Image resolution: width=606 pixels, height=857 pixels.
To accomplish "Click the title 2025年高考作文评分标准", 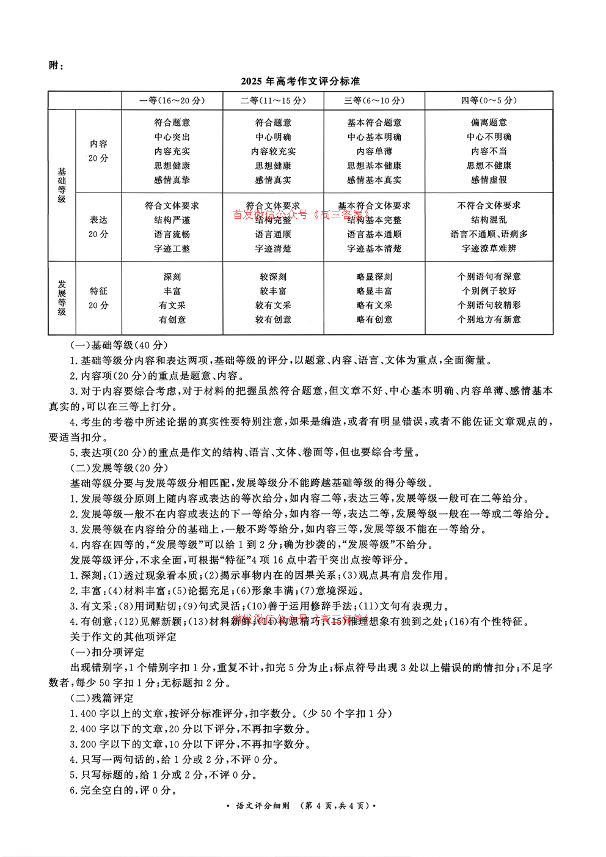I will [x=300, y=81].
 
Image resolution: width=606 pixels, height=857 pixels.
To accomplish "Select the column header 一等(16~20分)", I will [x=172, y=101].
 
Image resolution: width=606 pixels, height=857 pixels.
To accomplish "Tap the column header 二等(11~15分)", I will [x=273, y=101].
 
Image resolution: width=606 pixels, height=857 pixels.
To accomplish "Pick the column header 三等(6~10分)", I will [x=374, y=101].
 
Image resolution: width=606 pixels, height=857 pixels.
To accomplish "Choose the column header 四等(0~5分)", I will [x=489, y=101].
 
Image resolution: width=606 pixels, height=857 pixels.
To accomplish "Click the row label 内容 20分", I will [x=98, y=151].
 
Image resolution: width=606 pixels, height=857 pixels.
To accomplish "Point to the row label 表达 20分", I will [x=98, y=227].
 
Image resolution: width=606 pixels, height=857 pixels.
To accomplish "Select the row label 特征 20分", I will [x=98, y=298].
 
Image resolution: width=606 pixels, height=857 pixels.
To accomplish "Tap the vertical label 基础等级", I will [x=62, y=185].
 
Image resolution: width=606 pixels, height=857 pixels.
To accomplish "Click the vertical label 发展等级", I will [x=62, y=298].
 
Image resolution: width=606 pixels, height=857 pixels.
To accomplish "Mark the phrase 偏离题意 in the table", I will [x=489, y=123].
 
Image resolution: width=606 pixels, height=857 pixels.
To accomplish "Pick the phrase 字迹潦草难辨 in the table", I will [x=489, y=249].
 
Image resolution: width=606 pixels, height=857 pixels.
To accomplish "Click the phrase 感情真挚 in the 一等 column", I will [x=172, y=180].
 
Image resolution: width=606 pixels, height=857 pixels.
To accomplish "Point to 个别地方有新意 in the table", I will [x=489, y=320].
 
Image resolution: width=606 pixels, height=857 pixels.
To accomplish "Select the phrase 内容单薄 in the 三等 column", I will [x=374, y=152].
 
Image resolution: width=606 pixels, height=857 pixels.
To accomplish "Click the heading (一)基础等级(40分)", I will [x=119, y=345].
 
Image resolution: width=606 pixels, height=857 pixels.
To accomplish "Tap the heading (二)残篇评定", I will [x=102, y=698].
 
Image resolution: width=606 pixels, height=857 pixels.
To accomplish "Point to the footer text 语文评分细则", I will [x=262, y=806].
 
